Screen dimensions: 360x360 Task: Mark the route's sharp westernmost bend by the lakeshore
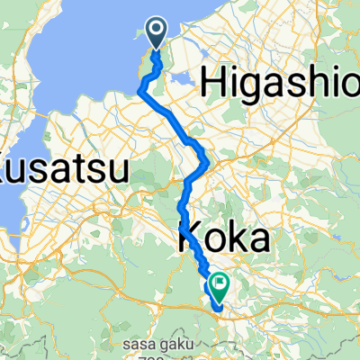coord(142,87)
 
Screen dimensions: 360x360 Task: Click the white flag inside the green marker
coord(219,283)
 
